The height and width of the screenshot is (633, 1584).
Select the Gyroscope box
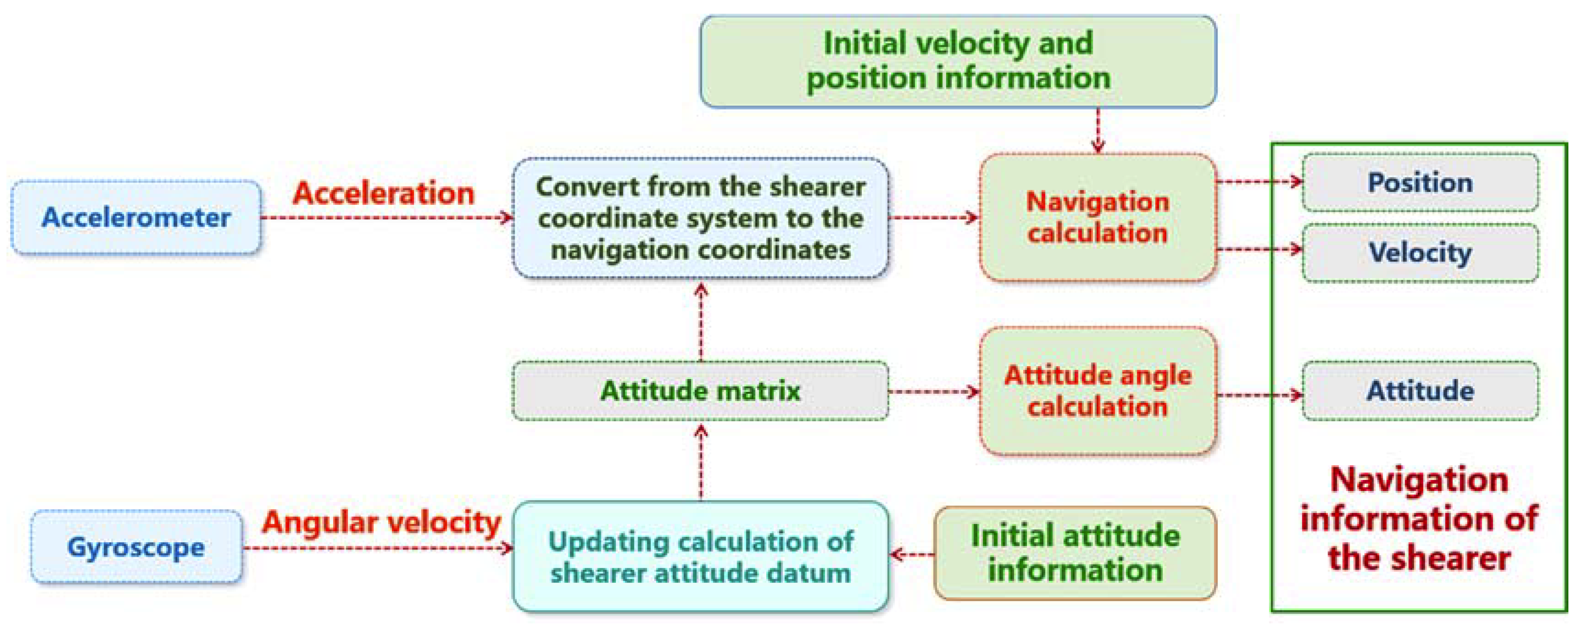pos(136,546)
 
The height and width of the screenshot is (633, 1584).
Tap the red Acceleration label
pos(383,193)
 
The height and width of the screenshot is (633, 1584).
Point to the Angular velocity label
pos(381,523)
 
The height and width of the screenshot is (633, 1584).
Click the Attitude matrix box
pos(700,391)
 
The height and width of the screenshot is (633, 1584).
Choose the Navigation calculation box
pos(1098,218)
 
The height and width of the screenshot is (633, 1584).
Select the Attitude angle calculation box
pos(1098,391)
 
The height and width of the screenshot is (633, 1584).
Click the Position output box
pos(1420,182)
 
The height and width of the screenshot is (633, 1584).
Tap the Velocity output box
pos(1420,253)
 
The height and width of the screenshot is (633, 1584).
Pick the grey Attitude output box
pos(1420,391)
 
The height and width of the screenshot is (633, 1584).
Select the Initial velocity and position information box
pos(958,61)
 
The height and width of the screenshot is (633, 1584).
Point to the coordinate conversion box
pos(700,218)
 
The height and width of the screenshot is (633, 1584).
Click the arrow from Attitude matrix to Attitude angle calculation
pos(934,391)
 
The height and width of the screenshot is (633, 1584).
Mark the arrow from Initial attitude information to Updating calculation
pos(912,555)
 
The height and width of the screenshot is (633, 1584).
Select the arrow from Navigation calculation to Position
pos(1259,182)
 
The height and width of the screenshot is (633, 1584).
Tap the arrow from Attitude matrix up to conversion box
pos(701,322)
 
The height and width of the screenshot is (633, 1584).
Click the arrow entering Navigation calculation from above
pos(1098,130)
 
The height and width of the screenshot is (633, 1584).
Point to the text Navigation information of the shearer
pos(1419,519)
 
